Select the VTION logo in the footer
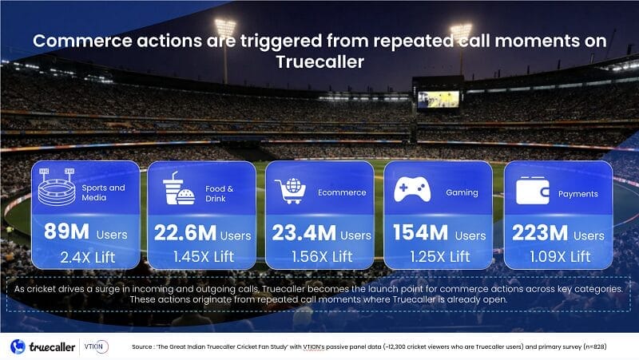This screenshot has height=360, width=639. pyautogui.click(x=95, y=346)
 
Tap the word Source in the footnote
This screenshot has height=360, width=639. pyautogui.click(x=143, y=347)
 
